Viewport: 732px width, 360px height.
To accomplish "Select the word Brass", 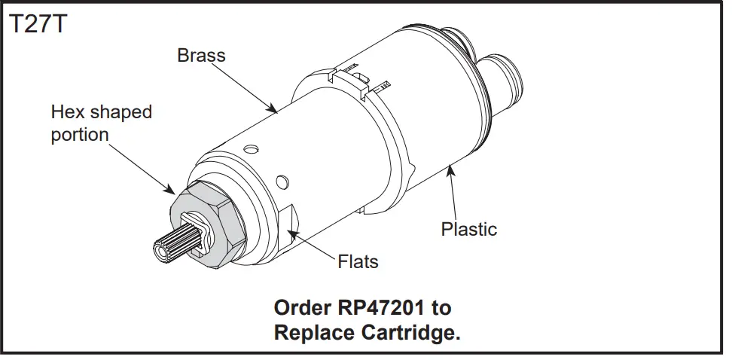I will pos(201,56).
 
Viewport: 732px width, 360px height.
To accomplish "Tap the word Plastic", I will pos(468,229).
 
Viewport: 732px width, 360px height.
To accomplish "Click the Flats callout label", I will pos(357,262).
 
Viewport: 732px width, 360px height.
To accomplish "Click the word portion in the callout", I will pos(79,135).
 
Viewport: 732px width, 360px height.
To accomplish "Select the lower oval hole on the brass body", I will pos(282,181).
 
